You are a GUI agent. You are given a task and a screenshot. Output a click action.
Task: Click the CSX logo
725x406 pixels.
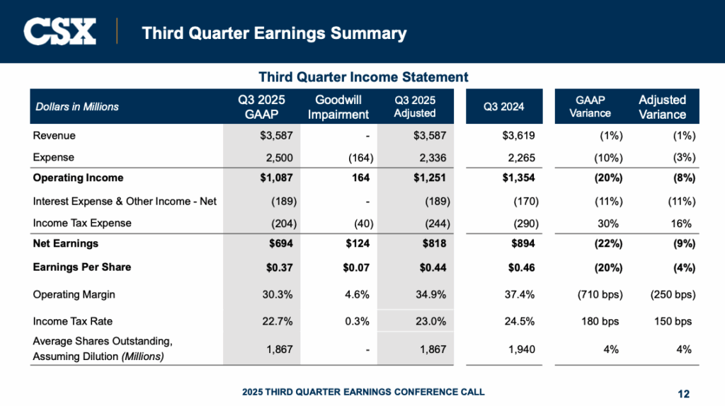(59, 32)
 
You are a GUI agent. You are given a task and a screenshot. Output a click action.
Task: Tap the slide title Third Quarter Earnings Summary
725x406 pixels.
(274, 33)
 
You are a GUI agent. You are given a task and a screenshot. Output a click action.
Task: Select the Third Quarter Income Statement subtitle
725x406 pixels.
(363, 77)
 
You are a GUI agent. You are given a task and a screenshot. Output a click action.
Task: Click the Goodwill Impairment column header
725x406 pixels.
(342, 107)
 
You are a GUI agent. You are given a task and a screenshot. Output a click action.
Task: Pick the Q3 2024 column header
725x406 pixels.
(503, 107)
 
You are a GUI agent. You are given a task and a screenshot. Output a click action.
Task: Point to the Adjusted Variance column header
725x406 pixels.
(662, 107)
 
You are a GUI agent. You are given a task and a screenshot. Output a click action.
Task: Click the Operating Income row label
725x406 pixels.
(78, 178)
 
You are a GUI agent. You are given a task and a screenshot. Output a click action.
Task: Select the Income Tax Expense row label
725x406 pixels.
(82, 224)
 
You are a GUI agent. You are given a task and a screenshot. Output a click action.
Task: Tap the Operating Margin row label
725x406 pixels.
(74, 294)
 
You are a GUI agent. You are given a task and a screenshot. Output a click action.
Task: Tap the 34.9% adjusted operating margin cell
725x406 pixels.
(431, 294)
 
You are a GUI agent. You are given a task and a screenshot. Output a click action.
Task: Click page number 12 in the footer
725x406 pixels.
(683, 394)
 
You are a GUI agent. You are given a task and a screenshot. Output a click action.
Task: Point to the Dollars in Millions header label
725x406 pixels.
(77, 107)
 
